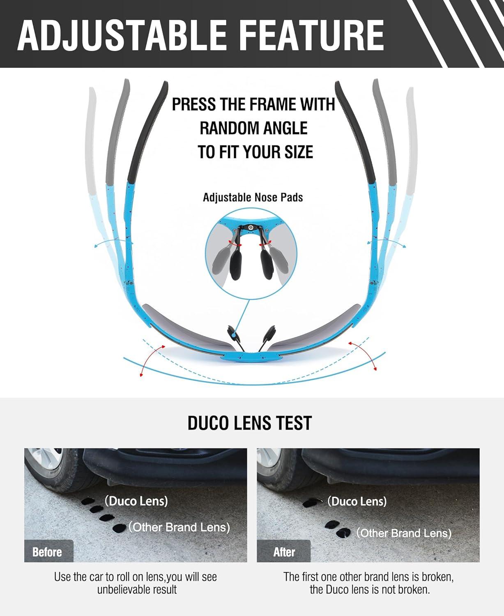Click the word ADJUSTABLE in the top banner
[122, 36]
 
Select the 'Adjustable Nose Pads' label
[253, 198]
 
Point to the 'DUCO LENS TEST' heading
[250, 423]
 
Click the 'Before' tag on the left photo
[47, 552]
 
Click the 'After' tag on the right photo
[284, 552]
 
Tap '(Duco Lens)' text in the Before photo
[136, 501]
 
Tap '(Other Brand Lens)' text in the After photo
[404, 533]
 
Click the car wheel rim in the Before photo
[44, 460]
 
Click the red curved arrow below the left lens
[150, 359]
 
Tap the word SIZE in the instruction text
[299, 152]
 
